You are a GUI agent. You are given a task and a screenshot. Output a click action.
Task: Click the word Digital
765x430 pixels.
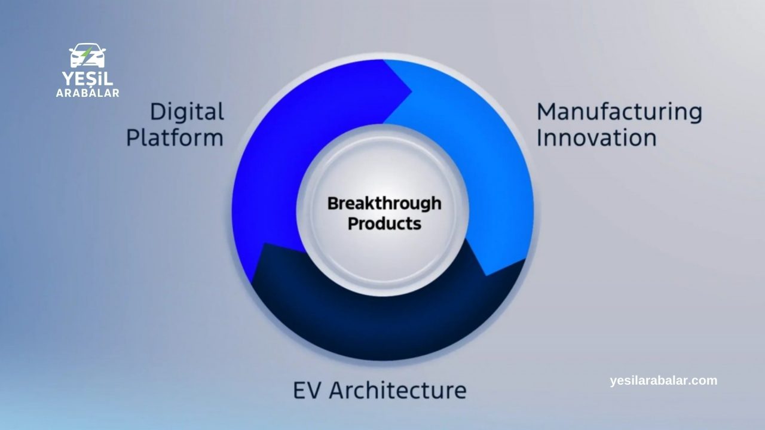187,112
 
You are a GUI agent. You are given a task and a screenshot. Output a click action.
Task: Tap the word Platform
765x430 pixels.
175,138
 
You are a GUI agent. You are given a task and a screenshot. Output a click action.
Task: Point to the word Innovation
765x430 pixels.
596,137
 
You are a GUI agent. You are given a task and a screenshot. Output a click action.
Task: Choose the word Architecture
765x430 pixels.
397,390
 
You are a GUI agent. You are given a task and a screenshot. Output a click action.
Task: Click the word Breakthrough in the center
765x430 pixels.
384,204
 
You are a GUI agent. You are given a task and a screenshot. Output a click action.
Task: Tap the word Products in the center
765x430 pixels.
384,223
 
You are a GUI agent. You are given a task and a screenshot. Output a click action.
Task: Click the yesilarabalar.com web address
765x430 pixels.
663,380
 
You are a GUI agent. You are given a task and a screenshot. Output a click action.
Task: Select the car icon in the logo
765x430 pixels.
87,56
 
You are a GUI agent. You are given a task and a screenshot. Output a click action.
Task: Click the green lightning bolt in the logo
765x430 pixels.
87,56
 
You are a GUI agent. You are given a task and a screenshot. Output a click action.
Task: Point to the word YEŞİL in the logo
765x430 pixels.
87,79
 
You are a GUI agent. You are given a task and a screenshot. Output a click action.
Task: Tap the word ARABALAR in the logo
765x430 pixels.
87,93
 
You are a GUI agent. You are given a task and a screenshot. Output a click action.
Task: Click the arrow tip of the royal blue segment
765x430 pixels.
412,91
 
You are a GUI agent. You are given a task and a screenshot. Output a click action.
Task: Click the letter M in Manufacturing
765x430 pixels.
546,112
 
